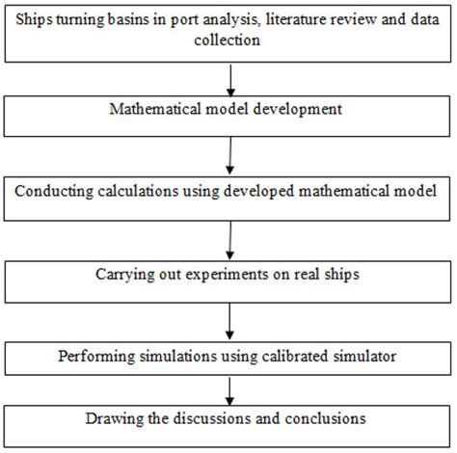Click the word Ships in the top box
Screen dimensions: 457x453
click(x=34, y=19)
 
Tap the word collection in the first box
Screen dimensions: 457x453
click(x=228, y=40)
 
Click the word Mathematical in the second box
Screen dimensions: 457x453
click(x=156, y=109)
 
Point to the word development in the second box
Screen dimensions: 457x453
click(x=298, y=110)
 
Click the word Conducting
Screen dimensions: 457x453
click(x=54, y=192)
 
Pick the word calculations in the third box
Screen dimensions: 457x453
click(x=138, y=191)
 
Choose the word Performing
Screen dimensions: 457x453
click(x=96, y=357)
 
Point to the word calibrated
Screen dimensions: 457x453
click(x=296, y=357)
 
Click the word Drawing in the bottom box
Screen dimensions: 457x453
click(x=115, y=419)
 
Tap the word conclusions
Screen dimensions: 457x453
click(x=326, y=418)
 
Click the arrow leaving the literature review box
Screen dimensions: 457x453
click(x=230, y=80)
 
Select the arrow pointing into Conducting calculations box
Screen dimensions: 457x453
click(x=230, y=156)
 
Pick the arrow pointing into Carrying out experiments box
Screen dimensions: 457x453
click(x=230, y=240)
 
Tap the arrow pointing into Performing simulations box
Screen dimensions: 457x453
click(x=229, y=321)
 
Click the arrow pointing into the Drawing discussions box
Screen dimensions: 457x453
click(x=229, y=391)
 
